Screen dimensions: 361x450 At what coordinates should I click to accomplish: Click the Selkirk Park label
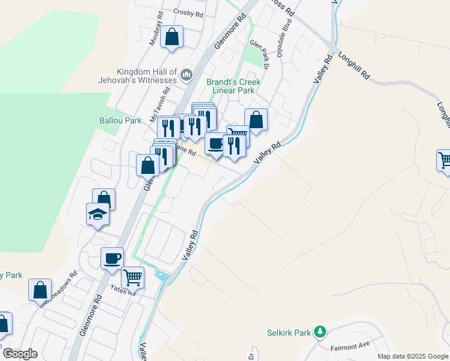289,332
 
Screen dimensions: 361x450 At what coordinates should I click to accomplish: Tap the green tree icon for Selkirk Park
321,332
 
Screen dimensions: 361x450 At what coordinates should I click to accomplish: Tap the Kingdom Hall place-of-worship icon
186,75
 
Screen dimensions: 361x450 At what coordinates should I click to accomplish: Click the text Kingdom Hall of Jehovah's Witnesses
138,75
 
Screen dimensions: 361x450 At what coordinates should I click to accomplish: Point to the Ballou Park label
120,120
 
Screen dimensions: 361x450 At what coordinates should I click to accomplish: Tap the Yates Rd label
122,290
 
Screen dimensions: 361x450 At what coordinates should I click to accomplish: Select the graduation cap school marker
97,215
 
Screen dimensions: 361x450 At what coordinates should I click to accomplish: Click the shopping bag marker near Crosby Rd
172,36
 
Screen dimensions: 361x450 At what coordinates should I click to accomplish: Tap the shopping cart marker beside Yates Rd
132,277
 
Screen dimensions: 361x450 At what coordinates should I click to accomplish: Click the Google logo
20,354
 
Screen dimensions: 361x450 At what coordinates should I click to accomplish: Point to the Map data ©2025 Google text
413,356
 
